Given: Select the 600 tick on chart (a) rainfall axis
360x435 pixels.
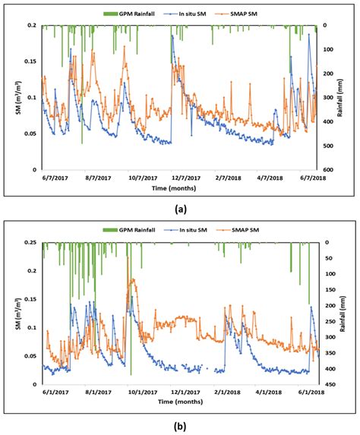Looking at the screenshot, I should pyautogui.click(x=328, y=169).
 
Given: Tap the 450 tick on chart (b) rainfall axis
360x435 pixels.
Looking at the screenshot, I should pyautogui.click(x=328, y=385).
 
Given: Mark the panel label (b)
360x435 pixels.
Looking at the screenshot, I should pyautogui.click(x=178, y=426).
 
